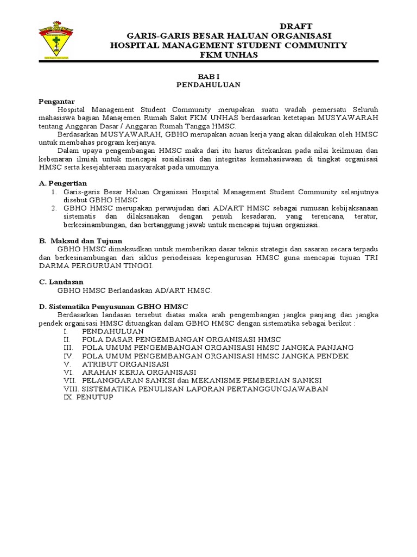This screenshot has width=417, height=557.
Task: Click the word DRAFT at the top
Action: click(x=296, y=27)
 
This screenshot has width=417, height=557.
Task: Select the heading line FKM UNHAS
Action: click(x=229, y=55)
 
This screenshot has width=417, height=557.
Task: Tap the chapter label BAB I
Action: click(x=208, y=77)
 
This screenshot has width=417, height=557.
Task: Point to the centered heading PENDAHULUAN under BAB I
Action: click(x=208, y=85)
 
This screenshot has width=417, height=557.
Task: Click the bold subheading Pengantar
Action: click(x=57, y=101)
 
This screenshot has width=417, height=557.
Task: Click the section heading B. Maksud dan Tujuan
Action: click(x=80, y=240)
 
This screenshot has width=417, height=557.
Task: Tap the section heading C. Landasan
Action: click(x=61, y=282)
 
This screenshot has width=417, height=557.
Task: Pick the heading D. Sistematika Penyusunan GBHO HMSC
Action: click(x=113, y=306)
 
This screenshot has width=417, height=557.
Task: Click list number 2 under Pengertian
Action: click(x=54, y=208)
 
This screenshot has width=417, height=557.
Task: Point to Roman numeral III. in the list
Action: click(x=68, y=347)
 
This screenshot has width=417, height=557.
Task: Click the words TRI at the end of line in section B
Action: click(x=370, y=257)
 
